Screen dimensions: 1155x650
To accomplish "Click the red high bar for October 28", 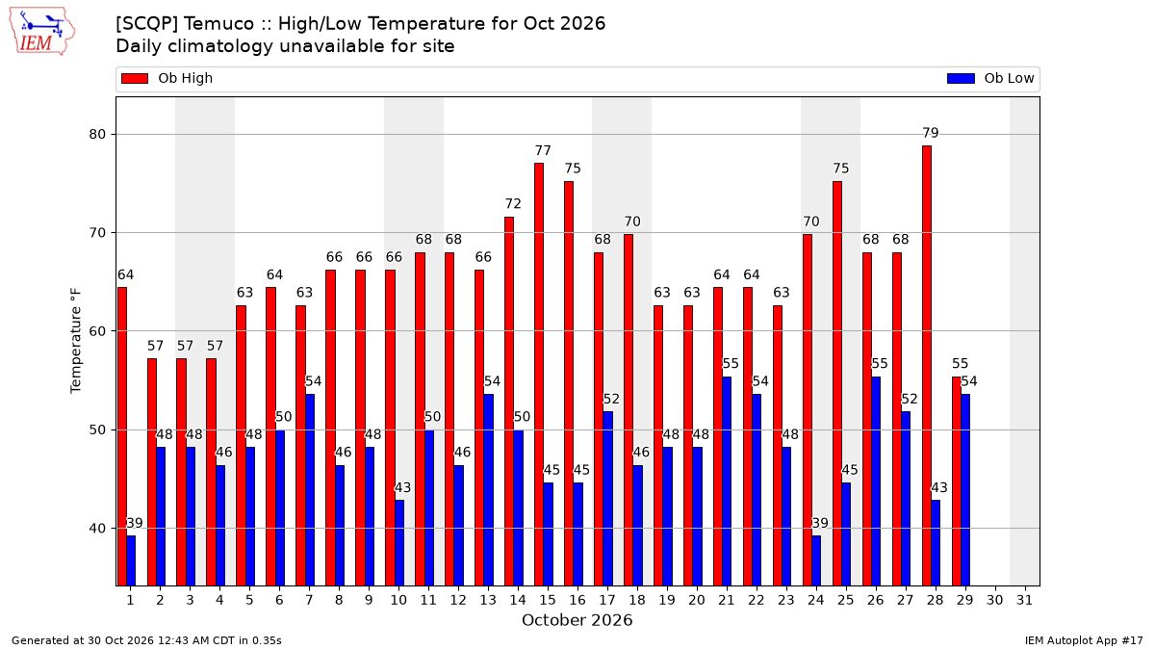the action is [927, 366].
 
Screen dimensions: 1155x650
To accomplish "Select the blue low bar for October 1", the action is [131, 560].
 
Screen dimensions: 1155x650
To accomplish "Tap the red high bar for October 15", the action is [539, 375].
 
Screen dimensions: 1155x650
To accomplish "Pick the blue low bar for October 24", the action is [816, 560].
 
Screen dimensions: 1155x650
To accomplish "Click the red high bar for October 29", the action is [957, 481].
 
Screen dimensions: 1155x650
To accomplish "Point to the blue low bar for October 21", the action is [727, 481].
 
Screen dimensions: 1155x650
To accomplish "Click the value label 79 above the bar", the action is [931, 133].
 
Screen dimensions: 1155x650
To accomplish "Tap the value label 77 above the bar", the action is [543, 150].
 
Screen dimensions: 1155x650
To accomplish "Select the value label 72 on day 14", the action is [513, 204].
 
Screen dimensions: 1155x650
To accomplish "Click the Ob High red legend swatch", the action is [135, 78].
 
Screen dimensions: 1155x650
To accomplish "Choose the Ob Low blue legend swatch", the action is [962, 78].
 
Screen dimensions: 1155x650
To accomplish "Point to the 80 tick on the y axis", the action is [97, 135].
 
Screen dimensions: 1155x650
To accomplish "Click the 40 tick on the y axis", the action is [97, 529].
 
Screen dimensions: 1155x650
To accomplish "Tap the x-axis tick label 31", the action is [1024, 601].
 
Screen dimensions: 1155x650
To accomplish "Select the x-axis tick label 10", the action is [398, 601].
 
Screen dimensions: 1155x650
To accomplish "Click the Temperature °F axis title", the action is [76, 341].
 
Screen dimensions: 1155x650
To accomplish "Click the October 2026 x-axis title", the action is [577, 620].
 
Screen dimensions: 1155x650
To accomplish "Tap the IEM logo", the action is [42, 32].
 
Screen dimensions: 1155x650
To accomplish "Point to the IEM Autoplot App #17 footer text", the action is [1084, 640].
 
